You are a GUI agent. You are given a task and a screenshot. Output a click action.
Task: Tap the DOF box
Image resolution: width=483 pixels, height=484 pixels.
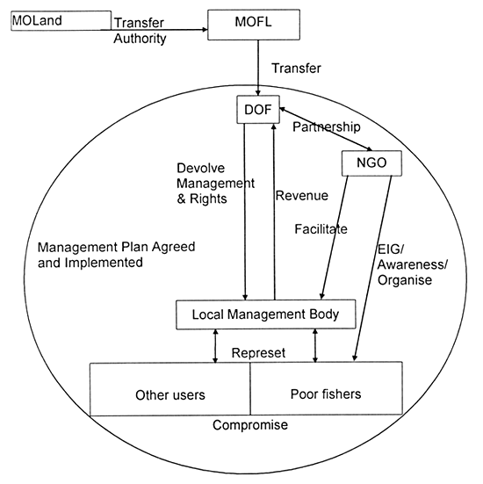[256, 111]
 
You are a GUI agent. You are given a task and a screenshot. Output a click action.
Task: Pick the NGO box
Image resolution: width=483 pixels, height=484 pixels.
[369, 163]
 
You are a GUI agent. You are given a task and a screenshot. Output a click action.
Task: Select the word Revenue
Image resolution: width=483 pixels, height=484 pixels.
[303, 195]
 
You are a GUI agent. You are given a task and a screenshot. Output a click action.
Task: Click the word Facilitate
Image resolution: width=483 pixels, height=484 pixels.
[321, 229]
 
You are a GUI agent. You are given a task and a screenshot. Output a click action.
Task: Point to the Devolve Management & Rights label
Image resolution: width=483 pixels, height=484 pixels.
[214, 184]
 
